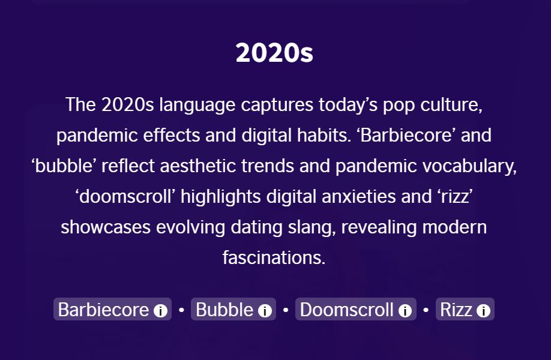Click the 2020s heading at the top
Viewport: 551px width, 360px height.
[274, 53]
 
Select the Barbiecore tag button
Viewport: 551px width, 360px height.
[112, 309]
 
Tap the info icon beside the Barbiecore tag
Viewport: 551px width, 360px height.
[160, 310]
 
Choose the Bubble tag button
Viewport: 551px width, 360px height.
[233, 309]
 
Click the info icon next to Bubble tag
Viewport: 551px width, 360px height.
[265, 310]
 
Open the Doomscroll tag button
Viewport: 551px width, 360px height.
[355, 309]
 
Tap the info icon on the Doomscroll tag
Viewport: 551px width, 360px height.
[405, 310]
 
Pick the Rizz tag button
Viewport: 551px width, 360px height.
[465, 309]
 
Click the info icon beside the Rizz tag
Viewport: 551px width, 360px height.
[483, 310]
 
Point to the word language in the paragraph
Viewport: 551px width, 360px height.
[197, 106]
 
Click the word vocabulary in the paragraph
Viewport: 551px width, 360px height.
[469, 166]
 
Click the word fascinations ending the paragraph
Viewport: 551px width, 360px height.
[274, 257]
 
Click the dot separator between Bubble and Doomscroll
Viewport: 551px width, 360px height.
[286, 310]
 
